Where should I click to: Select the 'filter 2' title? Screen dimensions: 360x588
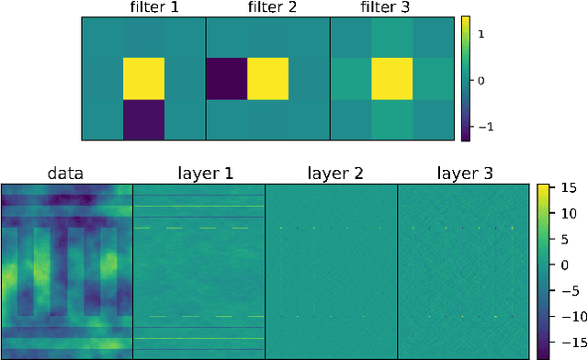point(267,8)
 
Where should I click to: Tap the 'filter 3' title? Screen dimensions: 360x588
point(392,8)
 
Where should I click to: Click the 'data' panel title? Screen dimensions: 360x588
point(66,173)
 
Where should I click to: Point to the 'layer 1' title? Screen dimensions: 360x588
point(198,173)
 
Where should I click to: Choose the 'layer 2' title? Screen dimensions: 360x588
point(331,173)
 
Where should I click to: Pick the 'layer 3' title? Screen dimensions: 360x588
point(463,173)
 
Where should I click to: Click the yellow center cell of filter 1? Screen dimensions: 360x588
point(143,79)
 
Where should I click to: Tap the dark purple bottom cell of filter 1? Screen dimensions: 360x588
point(143,120)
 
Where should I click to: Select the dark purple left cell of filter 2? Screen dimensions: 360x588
point(226,79)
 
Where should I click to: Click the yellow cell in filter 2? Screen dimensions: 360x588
point(267,79)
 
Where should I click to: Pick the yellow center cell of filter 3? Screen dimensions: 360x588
point(392,79)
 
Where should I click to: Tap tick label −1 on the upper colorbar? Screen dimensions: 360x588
point(486,127)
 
